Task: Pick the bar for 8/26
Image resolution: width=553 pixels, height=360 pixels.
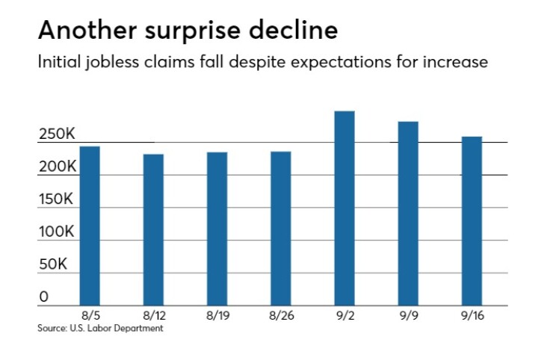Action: point(280,229)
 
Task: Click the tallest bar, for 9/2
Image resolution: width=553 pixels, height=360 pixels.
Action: point(344,208)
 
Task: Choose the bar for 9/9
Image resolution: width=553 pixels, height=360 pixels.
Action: point(408,214)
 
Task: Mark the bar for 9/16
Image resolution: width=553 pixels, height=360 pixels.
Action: point(472,221)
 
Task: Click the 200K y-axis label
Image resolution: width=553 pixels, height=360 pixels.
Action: point(58,167)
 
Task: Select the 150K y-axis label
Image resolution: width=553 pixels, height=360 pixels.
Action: point(57,199)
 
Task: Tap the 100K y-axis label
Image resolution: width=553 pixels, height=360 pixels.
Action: point(57,232)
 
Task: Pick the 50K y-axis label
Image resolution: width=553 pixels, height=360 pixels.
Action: point(53,265)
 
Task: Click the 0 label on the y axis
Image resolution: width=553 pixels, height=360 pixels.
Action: point(43,297)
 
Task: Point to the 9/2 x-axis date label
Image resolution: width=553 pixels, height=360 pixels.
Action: point(344,317)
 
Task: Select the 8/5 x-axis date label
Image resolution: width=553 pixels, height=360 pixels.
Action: point(90,317)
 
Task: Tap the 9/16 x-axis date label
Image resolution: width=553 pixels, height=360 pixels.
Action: point(472,317)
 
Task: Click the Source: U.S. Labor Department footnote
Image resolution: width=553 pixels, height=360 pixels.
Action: point(100,328)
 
